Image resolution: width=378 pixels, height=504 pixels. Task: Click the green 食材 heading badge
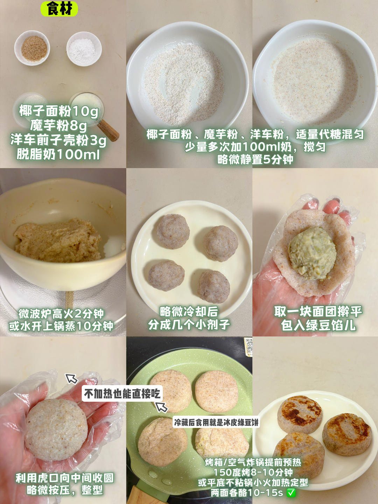tap(59, 8)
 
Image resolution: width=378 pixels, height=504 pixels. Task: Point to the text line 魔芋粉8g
tap(58, 125)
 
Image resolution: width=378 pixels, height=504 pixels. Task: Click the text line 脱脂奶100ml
tap(58, 154)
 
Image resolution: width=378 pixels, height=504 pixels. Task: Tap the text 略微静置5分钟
tap(255, 159)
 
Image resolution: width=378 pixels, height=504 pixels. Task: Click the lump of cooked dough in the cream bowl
tap(58, 241)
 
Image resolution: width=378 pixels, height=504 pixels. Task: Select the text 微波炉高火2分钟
tap(61, 313)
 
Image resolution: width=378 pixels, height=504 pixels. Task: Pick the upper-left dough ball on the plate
tap(173, 231)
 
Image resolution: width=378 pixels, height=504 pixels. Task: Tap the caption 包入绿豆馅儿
tap(318, 325)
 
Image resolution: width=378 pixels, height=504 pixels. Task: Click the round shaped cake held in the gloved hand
tap(56, 429)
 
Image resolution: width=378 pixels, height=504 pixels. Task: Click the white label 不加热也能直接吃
tap(122, 393)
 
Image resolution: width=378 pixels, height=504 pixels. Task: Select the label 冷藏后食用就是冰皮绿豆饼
tap(216, 422)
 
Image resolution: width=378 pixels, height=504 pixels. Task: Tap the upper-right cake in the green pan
tap(216, 391)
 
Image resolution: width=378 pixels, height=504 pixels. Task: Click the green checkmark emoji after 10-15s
tap(291, 493)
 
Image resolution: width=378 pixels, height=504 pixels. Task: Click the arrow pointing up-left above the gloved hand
tap(71, 378)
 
